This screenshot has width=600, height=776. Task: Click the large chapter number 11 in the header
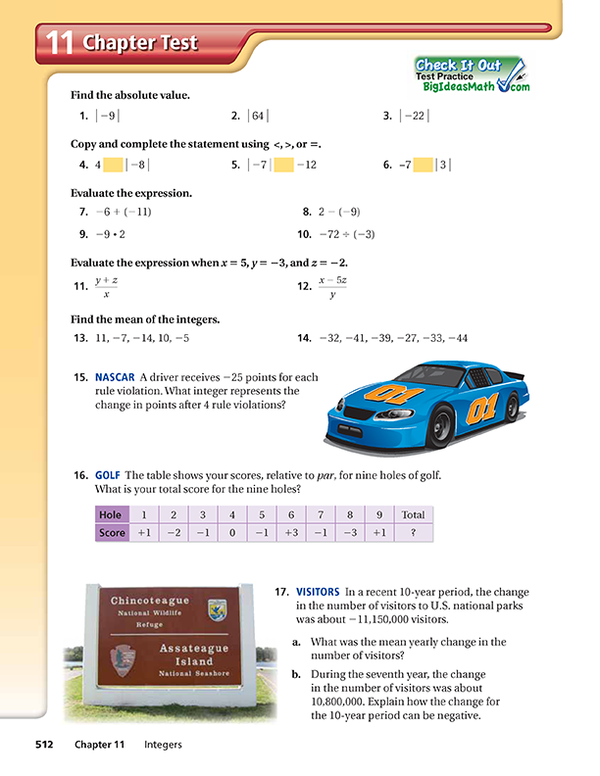pos(60,42)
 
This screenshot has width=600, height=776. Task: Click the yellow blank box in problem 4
pos(113,166)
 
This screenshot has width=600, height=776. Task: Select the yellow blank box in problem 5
pos(283,166)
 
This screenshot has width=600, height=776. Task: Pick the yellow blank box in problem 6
pos(424,166)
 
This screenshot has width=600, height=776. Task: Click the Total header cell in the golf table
pos(413,514)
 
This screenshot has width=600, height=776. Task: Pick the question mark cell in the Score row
pos(413,533)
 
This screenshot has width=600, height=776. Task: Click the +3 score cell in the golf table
pos(291,533)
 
